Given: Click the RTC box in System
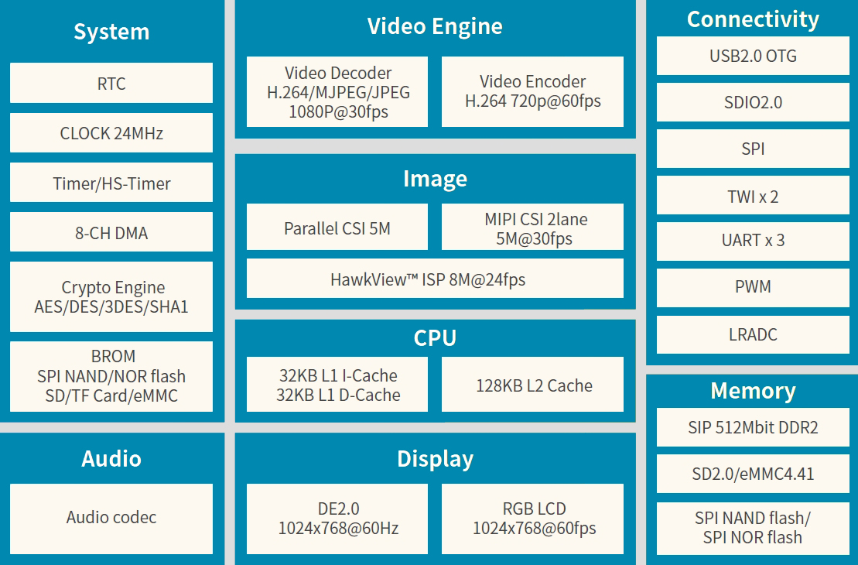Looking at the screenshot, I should click(111, 84).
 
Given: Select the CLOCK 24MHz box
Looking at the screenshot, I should click(111, 133).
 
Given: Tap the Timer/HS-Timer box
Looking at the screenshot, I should click(111, 183).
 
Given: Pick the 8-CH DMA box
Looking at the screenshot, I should click(111, 233).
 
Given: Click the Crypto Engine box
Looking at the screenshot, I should click(111, 297).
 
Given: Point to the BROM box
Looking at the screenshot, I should click(111, 376).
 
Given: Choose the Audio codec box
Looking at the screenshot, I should click(111, 518).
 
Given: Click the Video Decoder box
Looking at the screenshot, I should click(337, 92).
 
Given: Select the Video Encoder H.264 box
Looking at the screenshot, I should click(532, 92).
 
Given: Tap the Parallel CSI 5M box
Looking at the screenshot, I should click(337, 228).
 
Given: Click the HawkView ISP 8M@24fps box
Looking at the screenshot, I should click(435, 279).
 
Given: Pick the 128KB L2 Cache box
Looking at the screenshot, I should click(532, 385).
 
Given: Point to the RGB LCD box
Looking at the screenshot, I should click(532, 519).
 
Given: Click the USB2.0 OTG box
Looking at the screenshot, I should click(753, 56).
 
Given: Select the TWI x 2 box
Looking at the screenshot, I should click(753, 197).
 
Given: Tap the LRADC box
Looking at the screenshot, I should click(753, 334).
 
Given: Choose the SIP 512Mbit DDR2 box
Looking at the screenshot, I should click(753, 427).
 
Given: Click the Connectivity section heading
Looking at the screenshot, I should click(753, 19).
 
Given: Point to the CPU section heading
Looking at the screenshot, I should click(435, 338).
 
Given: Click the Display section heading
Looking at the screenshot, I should click(435, 459).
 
